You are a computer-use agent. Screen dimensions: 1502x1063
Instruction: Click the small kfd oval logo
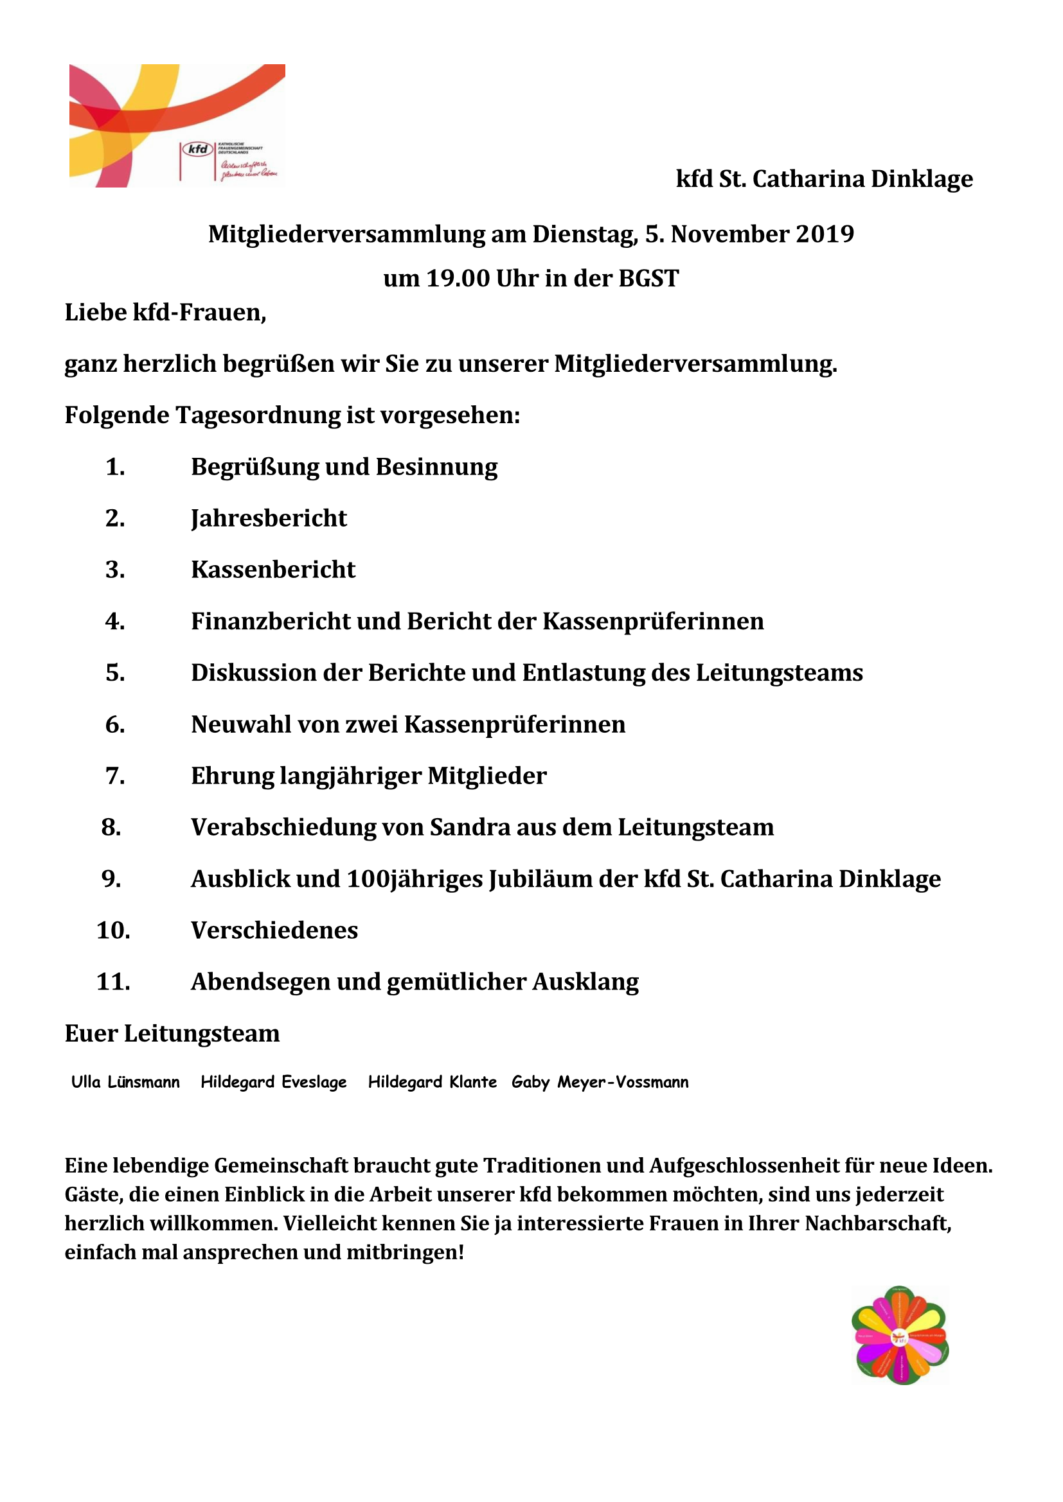pyautogui.click(x=198, y=149)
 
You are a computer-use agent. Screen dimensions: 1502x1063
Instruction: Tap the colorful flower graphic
pyautogui.click(x=900, y=1335)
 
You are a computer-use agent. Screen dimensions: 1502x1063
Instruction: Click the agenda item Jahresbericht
pyautogui.click(x=269, y=518)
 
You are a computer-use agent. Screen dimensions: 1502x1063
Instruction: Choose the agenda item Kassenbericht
pyautogui.click(x=273, y=570)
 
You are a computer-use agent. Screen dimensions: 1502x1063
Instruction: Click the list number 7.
pyautogui.click(x=114, y=776)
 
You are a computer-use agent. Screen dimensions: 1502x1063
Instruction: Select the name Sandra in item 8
pyautogui.click(x=469, y=828)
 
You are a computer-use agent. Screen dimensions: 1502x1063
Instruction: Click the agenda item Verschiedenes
pyautogui.click(x=274, y=930)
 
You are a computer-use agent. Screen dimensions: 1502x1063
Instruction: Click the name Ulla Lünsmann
pyautogui.click(x=125, y=1082)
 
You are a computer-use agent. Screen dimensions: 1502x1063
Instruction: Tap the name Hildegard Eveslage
pyautogui.click(x=274, y=1082)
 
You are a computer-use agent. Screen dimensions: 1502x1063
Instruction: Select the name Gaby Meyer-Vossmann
pyautogui.click(x=600, y=1082)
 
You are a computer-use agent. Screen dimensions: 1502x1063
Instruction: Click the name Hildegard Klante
pyautogui.click(x=432, y=1082)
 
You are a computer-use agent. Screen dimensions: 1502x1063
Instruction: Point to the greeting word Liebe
pyautogui.click(x=96, y=313)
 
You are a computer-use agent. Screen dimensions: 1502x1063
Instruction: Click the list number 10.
pyautogui.click(x=112, y=930)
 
